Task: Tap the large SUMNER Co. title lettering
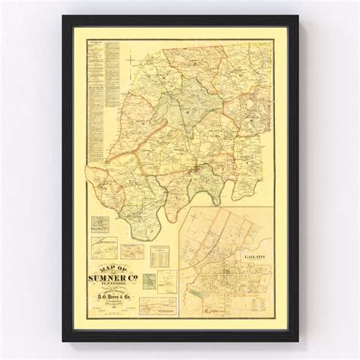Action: tap(115, 278)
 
